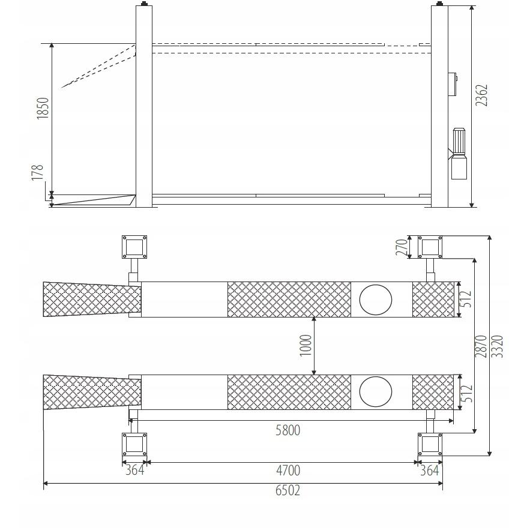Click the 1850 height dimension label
click(x=43, y=108)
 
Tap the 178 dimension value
click(x=38, y=172)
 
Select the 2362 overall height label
click(x=481, y=95)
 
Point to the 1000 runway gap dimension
click(x=306, y=345)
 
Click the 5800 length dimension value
click(x=288, y=430)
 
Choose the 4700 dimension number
click(x=288, y=470)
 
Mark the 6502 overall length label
click(x=288, y=490)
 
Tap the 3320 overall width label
click(x=497, y=346)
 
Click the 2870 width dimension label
click(x=481, y=346)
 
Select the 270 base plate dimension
click(x=402, y=247)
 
